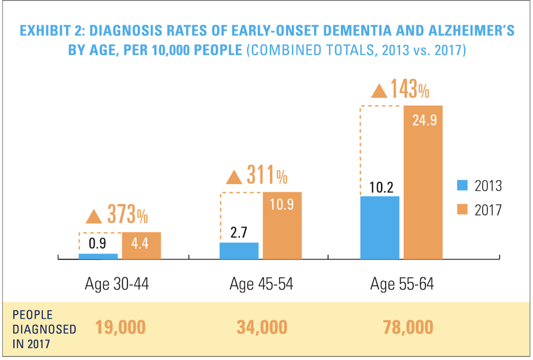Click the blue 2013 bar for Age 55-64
379,228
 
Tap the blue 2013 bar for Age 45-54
239,251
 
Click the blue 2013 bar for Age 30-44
98,257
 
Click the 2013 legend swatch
462,185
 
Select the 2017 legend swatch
462,210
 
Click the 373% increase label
127,216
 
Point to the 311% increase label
267,175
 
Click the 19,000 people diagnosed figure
120,327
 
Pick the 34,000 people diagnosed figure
261,327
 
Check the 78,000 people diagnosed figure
408,327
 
